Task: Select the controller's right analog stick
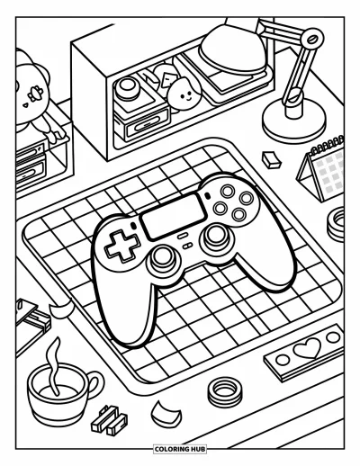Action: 216,236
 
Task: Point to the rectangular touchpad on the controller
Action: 174,215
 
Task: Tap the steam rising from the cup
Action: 54,366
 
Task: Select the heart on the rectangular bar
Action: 307,348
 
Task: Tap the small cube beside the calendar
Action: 271,159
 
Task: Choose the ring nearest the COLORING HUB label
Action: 225,391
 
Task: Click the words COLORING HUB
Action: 180,449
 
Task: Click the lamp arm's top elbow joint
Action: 312,39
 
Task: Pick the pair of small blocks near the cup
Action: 109,420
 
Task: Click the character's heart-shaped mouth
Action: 25,105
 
